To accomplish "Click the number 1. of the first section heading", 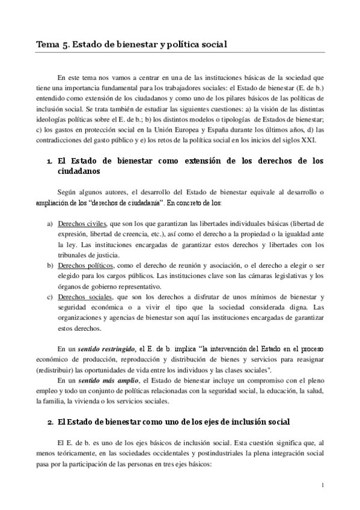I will coord(49,161).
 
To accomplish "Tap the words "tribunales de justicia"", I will coord(89,254).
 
